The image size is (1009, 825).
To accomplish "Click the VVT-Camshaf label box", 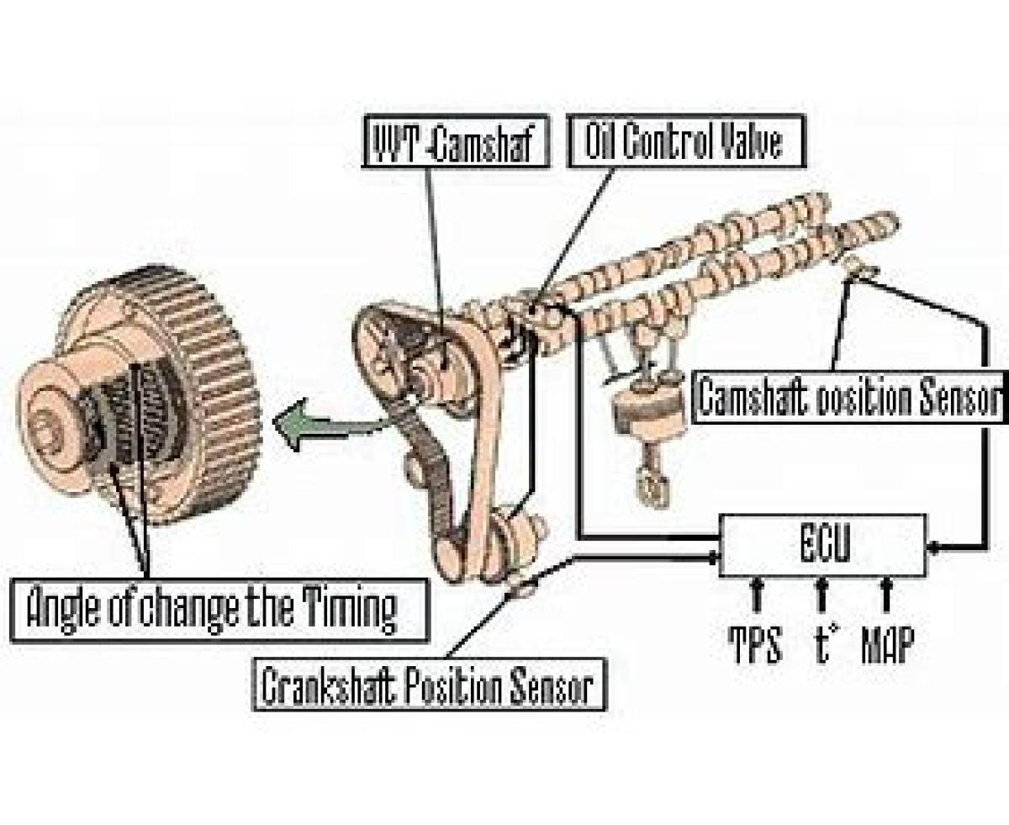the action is (x=457, y=141).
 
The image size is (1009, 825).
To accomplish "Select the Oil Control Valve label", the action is (x=687, y=140).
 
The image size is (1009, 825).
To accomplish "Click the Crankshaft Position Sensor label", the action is (x=429, y=685).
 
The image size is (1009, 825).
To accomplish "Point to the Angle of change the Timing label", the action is (x=219, y=611).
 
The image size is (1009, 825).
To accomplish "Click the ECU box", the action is (x=823, y=545).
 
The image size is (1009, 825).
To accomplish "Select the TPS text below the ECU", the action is (x=756, y=644).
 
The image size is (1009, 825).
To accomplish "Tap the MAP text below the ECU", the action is (x=887, y=644).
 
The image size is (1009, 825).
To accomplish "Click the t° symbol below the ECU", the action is (x=823, y=643).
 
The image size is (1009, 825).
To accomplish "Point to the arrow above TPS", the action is (x=757, y=594).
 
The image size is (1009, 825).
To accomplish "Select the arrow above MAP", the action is (x=886, y=594).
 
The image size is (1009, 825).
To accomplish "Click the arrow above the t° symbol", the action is (x=821, y=594).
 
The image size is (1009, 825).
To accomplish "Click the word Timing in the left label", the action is (x=351, y=611).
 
